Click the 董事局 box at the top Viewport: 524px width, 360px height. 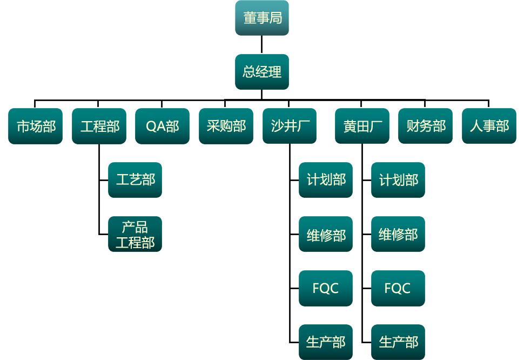(262, 18)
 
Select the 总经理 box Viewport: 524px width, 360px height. (262, 72)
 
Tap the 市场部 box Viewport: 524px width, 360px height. (36, 126)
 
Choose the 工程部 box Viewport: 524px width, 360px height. (99, 126)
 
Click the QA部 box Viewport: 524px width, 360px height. (163, 126)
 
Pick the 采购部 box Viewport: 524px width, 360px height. (226, 126)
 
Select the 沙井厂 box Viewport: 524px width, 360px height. (290, 126)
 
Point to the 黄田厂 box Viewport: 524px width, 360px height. (362, 126)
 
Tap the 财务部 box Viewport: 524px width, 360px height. (426, 126)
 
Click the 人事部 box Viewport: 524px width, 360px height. (489, 126)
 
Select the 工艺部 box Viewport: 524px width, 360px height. (135, 180)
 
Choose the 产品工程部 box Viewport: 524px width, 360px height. (135, 234)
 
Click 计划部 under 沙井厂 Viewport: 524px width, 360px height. (326, 180)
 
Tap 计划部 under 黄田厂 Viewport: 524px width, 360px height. (398, 180)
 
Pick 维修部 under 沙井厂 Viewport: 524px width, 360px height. (326, 234)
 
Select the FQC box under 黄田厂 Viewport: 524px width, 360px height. (398, 288)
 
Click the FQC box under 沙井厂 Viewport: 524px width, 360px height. (326, 288)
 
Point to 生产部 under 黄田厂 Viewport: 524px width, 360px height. (398, 342)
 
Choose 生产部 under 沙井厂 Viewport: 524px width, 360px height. (326, 342)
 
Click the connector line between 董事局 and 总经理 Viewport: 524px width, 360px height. (262, 45)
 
